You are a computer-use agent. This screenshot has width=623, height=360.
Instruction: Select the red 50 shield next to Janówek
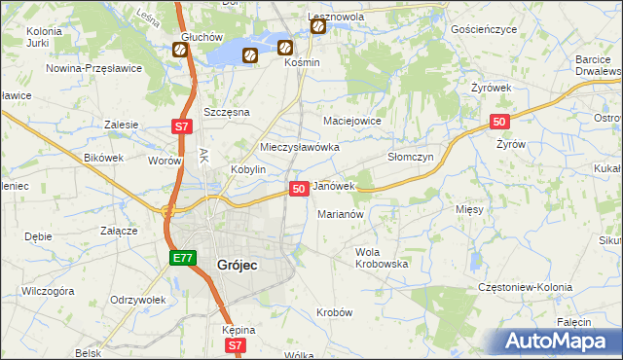point(299,188)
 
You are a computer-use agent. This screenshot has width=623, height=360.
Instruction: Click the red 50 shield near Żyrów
point(498,121)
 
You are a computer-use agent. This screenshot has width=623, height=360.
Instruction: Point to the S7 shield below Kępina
point(234,345)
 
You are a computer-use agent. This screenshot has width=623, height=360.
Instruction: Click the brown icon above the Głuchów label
point(180,50)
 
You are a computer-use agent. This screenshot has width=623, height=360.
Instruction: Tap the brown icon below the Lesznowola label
point(318,27)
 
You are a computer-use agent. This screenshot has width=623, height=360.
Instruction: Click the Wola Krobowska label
point(381,258)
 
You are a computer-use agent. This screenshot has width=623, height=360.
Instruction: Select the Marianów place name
point(341,214)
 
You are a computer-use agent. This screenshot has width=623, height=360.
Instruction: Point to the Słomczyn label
point(410,157)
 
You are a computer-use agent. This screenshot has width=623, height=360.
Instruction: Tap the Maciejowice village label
point(350,121)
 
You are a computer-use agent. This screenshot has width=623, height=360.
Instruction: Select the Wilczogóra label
point(49,290)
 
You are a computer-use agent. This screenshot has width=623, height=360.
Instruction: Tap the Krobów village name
point(334,312)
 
